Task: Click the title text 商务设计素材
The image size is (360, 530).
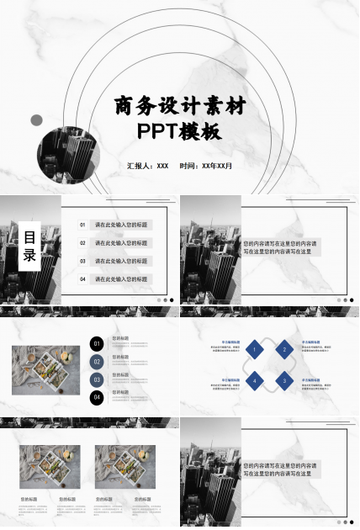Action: click(x=181, y=107)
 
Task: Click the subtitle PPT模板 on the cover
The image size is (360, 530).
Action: click(x=181, y=132)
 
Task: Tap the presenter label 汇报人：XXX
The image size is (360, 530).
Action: click(x=148, y=166)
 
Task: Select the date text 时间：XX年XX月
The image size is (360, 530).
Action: click(x=206, y=166)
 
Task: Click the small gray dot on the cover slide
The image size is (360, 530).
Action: click(x=36, y=120)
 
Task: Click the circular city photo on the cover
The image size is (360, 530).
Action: click(x=69, y=156)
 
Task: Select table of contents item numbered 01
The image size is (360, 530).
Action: click(x=114, y=225)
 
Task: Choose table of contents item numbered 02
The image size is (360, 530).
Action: click(x=114, y=243)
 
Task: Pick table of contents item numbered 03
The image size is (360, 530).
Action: click(x=114, y=261)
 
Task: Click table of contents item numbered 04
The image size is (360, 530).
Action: click(x=114, y=278)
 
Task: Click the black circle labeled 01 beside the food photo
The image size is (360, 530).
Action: click(x=97, y=343)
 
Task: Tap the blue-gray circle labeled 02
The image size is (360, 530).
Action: click(x=97, y=362)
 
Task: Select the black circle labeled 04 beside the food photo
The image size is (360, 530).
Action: click(x=97, y=397)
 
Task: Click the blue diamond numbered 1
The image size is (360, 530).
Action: click(x=254, y=349)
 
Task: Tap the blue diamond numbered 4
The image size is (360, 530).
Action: click(x=254, y=381)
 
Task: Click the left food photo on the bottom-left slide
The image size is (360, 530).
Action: click(x=50, y=467)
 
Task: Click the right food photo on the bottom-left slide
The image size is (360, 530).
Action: click(x=125, y=467)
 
